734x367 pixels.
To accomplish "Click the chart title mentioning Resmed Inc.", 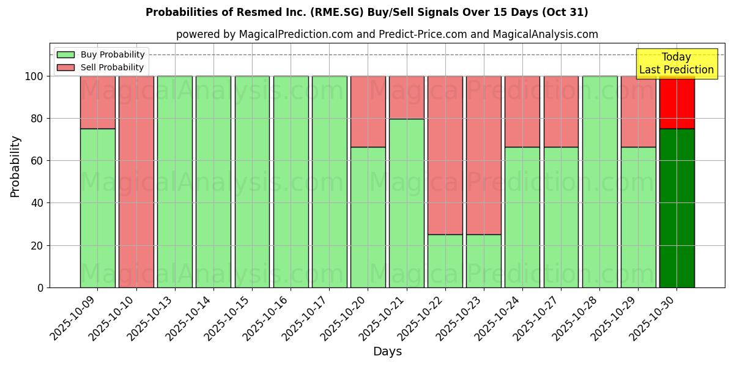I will click(366, 12).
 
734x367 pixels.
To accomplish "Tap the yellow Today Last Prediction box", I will click(676, 64).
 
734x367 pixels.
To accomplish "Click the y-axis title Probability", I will click(15, 166).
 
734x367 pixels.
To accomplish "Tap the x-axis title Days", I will click(387, 352).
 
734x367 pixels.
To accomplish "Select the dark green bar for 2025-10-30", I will click(677, 208).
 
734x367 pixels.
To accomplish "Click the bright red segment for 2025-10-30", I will click(677, 102).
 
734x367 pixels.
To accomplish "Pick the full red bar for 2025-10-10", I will click(136, 182).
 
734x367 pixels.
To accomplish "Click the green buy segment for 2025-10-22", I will click(445, 261).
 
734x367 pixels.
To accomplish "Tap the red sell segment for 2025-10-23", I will click(483, 155).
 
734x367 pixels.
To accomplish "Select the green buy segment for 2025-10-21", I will click(406, 203).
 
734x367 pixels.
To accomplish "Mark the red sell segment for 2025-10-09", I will click(97, 102).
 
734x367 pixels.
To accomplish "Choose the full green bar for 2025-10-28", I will click(599, 182).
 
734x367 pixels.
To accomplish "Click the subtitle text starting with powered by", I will click(387, 34).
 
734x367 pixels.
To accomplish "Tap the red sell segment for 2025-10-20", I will click(368, 111).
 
